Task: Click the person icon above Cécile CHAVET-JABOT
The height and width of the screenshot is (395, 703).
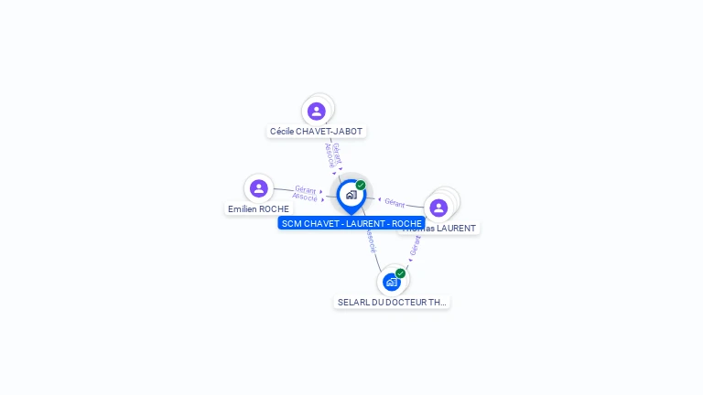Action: pos(317,112)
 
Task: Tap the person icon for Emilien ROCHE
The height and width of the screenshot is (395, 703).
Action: pos(259,188)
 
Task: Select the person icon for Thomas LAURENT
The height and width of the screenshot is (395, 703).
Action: pos(438,208)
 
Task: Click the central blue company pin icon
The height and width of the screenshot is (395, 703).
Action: pos(351,195)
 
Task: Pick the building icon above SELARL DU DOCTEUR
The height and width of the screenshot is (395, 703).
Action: pos(392,282)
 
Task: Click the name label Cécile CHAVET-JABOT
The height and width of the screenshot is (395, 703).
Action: pos(316,132)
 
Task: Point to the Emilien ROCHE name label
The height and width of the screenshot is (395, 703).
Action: pos(258,209)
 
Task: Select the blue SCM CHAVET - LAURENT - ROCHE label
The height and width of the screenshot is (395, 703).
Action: pos(351,223)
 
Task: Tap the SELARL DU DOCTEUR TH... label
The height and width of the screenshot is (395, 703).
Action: pos(392,302)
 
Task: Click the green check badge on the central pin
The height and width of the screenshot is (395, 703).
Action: pos(361,185)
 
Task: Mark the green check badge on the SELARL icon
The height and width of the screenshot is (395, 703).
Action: pos(400,272)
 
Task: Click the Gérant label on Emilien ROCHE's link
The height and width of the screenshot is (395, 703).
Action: pos(306,189)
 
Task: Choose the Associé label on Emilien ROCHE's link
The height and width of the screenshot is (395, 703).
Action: pos(305,197)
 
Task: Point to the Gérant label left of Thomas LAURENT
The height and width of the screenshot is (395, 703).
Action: pos(395,202)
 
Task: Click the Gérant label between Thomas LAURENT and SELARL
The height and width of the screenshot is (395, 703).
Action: pos(416,245)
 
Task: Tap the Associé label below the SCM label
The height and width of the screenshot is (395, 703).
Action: pos(371,240)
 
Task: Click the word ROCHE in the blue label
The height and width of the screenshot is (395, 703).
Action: pos(406,223)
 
